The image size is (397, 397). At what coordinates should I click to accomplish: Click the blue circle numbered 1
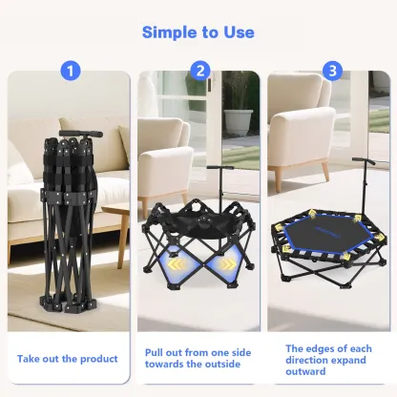71,71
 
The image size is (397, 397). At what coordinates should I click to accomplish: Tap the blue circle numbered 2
200,71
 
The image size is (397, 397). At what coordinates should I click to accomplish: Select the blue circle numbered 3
332,71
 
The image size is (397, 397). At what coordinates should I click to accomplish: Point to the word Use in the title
239,32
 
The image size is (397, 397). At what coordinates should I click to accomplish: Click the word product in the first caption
99,360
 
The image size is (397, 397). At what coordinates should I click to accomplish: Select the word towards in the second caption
164,364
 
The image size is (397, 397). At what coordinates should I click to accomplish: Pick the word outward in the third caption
305,371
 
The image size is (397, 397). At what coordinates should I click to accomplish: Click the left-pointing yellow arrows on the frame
177,263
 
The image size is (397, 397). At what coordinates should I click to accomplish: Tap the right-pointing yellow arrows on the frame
226,263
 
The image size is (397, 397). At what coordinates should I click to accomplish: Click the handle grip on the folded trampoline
81,134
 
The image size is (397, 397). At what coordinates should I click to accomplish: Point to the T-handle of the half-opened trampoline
220,168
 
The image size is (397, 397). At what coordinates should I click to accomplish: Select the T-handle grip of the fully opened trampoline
364,160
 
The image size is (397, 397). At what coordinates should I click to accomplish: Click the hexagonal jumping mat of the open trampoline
327,237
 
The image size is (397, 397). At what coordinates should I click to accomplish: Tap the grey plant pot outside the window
239,122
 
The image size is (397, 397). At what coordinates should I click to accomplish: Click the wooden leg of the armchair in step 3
325,171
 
